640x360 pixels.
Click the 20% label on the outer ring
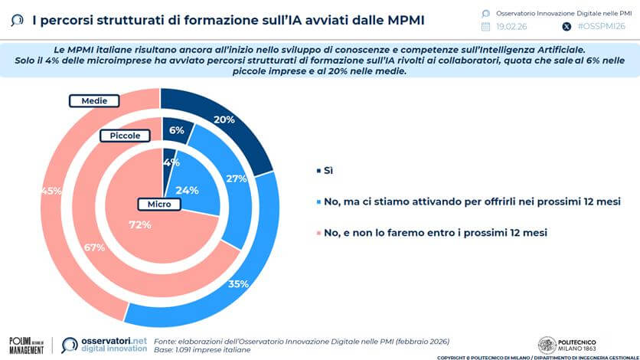tap(224, 120)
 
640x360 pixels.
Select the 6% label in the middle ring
tap(177, 130)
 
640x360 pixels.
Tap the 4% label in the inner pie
tap(171, 162)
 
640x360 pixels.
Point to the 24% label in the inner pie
tap(188, 190)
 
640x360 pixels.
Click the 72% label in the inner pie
tap(139, 224)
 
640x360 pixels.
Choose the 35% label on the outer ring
tap(238, 284)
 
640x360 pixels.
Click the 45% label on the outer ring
tap(52, 191)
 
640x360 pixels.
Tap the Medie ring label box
tap(94, 100)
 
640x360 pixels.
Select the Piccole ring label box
tap(125, 136)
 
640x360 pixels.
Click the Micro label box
tap(158, 205)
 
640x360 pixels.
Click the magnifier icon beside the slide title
tap(17, 21)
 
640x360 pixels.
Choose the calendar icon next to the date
tap(485, 26)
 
